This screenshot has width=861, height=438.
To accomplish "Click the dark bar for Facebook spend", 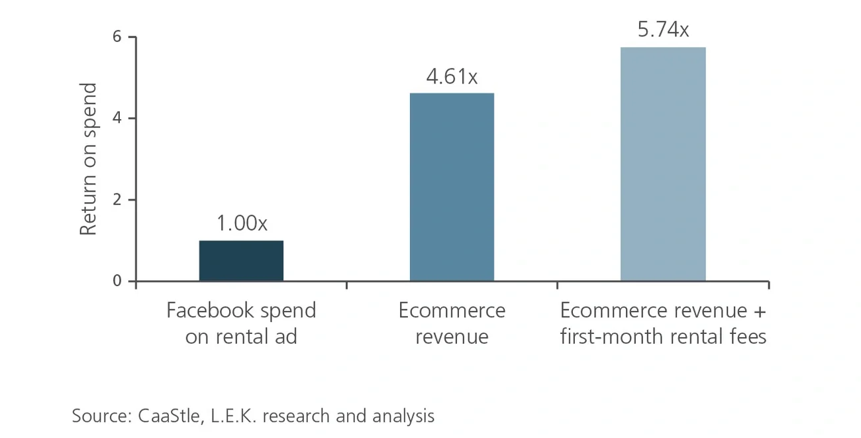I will click(x=241, y=260).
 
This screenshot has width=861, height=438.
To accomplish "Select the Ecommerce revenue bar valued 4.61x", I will click(x=452, y=187).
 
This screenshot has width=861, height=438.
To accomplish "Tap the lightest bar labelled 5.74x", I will click(x=663, y=164).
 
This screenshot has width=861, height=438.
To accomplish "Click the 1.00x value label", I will click(x=242, y=224).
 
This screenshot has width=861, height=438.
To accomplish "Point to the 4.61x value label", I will click(x=452, y=77).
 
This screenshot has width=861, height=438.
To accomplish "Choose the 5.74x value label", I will click(x=663, y=30).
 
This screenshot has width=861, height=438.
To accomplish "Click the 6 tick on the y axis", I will click(x=117, y=37).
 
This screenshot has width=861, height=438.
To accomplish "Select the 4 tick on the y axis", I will click(x=117, y=119).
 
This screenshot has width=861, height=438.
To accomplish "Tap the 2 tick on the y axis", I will click(x=117, y=200).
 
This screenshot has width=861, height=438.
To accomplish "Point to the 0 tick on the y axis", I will click(x=117, y=282).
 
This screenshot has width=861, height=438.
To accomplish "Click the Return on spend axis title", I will click(x=89, y=159).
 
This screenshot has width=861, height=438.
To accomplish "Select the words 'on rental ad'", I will click(x=241, y=336).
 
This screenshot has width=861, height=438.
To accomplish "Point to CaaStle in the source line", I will click(x=162, y=416).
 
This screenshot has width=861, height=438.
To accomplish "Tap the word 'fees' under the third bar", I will click(x=746, y=336).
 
